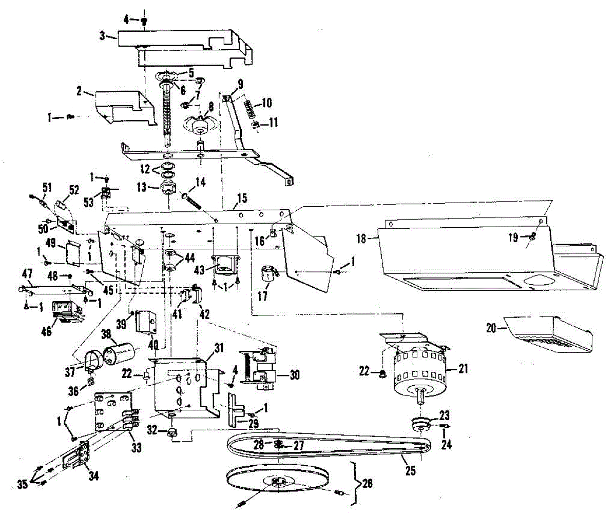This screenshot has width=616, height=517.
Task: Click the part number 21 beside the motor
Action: (x=463, y=369)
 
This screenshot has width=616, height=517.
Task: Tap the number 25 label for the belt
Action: (x=410, y=471)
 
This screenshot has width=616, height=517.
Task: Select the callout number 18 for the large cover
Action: (x=361, y=238)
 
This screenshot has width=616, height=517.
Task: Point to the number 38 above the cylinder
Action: (x=106, y=334)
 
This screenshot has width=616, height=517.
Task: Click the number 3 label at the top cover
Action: (x=102, y=37)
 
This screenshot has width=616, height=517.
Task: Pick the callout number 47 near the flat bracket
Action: (x=27, y=274)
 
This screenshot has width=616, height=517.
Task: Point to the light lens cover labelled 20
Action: (x=549, y=334)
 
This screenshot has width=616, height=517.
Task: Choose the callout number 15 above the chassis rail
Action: (x=242, y=198)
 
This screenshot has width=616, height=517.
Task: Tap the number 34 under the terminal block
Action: (x=93, y=476)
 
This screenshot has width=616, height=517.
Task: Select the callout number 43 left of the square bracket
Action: (x=200, y=270)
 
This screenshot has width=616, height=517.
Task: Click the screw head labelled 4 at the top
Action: (x=144, y=21)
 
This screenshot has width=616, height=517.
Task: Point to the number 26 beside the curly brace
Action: (x=367, y=483)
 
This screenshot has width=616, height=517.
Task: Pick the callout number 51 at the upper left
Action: (x=47, y=188)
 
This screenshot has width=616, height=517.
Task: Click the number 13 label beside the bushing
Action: (x=142, y=187)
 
